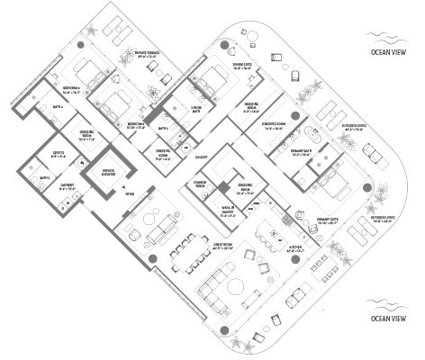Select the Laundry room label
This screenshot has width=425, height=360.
pyautogui.click(x=68, y=187)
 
